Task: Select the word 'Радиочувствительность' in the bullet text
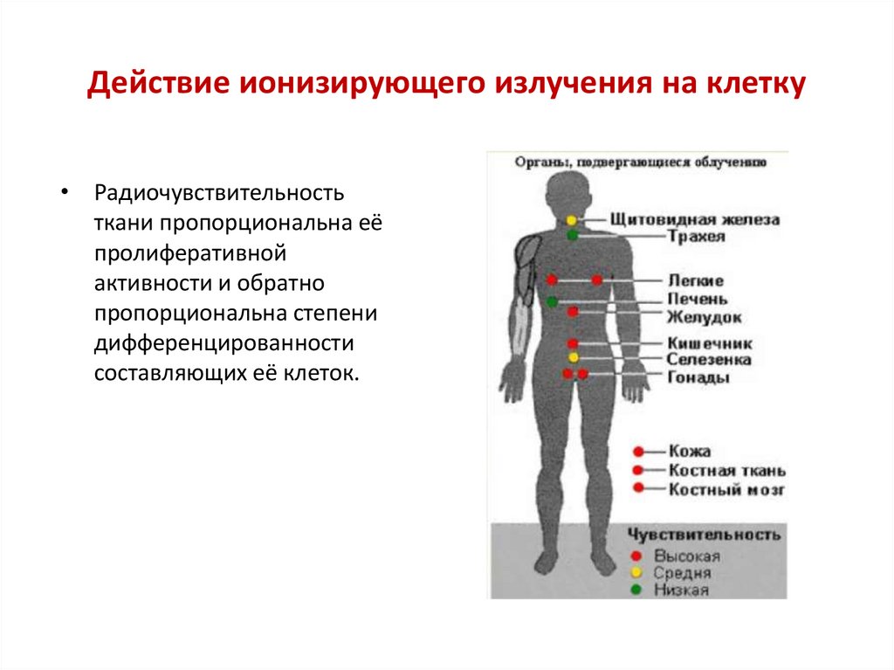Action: tap(220, 191)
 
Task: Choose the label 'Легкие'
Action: tap(695, 280)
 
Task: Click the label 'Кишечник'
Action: tap(709, 343)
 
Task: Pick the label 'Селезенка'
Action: tap(709, 359)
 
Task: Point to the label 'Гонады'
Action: tap(698, 376)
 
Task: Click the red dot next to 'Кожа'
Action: tap(638, 452)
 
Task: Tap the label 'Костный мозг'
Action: tap(726, 490)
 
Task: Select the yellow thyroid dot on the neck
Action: tap(572, 220)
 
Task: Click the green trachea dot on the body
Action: tap(572, 235)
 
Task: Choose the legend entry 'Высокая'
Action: tap(687, 556)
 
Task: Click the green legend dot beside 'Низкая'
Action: tap(636, 590)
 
